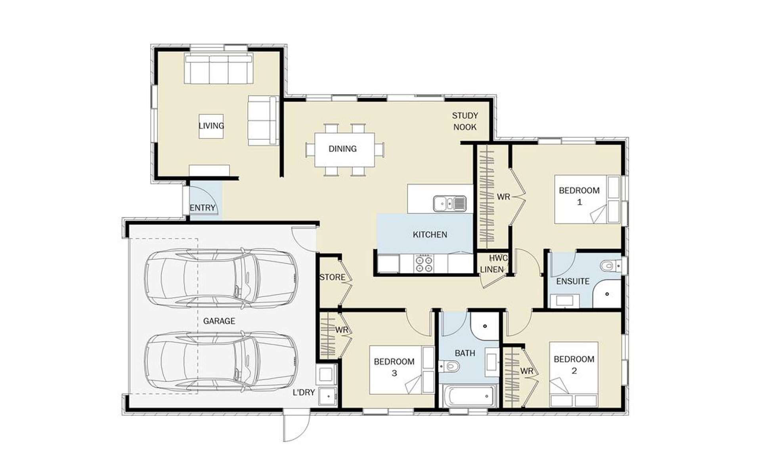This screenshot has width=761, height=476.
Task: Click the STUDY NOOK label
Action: point(465,121)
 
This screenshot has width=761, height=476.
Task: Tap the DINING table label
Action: point(342,149)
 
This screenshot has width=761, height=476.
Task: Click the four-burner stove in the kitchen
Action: point(424,264)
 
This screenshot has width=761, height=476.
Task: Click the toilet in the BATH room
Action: point(449,366)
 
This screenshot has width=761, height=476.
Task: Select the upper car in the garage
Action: point(221,278)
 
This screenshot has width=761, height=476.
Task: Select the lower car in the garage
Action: point(221,361)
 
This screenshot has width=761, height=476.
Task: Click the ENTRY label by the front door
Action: point(202,208)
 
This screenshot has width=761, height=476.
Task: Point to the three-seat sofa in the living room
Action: point(218,69)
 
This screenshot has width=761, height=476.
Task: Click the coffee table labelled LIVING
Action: point(211,126)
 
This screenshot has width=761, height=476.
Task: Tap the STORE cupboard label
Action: point(332,277)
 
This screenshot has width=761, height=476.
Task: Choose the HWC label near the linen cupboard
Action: point(498,258)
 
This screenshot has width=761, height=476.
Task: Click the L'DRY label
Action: point(304,392)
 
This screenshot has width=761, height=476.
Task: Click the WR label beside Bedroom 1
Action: point(503,197)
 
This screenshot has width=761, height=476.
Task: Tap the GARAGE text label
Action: point(219,321)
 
